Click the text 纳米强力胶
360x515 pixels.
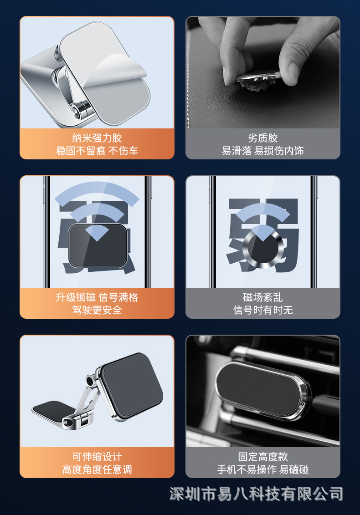[x=97, y=138]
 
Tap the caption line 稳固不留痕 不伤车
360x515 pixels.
[x=97, y=151]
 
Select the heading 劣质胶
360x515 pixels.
[x=263, y=138]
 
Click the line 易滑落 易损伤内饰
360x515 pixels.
[x=263, y=151]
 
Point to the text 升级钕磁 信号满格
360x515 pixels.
[x=97, y=297]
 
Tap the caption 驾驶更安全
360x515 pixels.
[x=97, y=310]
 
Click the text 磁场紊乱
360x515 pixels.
[x=263, y=297]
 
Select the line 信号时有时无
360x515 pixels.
[x=263, y=310]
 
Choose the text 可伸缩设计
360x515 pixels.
[x=97, y=457]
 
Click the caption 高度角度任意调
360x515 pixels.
[x=97, y=469]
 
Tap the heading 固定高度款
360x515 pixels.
[x=263, y=457]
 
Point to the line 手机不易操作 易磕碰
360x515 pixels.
[x=263, y=469]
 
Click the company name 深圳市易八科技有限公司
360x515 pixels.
[x=256, y=494]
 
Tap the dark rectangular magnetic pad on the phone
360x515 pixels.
[x=97, y=246]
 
